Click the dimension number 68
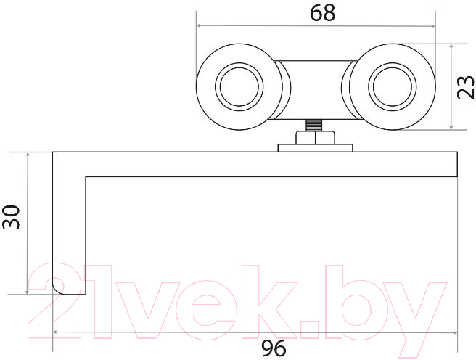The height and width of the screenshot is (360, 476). (x=322, y=13)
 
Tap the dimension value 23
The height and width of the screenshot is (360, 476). (x=465, y=87)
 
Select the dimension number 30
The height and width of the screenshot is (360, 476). (x=11, y=217)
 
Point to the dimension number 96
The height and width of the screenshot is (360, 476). (x=274, y=348)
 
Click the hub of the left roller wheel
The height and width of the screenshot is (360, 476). (x=239, y=86)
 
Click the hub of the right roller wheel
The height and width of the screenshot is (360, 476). (x=393, y=86)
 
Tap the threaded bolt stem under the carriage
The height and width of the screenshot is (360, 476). (x=315, y=125)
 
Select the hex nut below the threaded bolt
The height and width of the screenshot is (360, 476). (x=315, y=137)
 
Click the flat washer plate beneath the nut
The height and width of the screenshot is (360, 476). (x=315, y=148)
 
